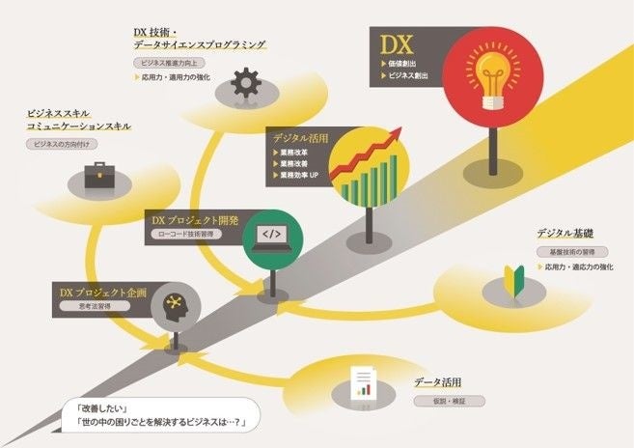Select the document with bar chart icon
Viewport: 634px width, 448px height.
[x=362, y=384]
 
